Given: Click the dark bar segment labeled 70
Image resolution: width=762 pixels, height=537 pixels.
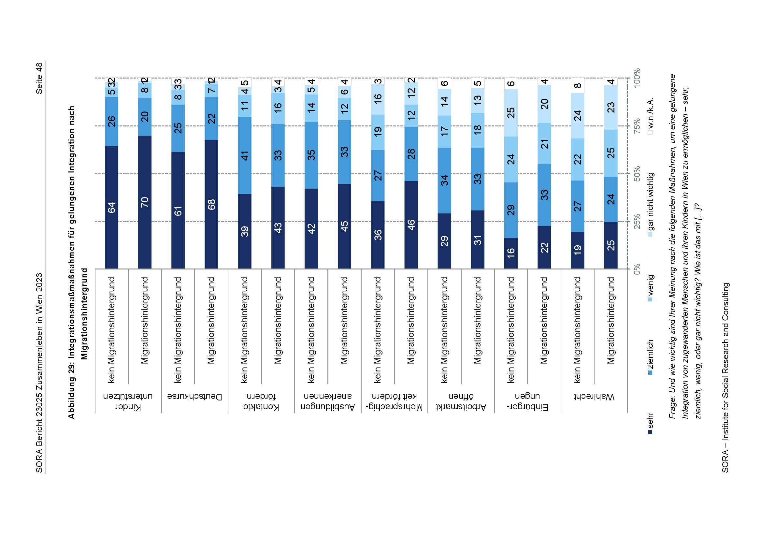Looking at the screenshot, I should [145, 202].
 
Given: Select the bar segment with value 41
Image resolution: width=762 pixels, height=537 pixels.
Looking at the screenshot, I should [245, 155].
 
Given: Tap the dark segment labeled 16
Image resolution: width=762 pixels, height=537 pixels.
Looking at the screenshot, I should [511, 253].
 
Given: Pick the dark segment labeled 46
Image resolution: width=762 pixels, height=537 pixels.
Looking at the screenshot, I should [411, 225].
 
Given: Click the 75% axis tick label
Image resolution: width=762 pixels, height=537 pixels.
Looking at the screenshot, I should [637, 126].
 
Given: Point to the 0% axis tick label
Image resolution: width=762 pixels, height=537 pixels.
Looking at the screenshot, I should [637, 269].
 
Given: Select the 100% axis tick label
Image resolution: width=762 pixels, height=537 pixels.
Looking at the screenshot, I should [637, 78].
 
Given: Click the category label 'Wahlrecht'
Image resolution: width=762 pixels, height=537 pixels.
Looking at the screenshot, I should [594, 397].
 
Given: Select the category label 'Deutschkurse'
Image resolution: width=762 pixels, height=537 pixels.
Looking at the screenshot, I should [194, 397].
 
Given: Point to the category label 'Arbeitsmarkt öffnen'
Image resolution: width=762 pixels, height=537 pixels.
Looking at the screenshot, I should [461, 401].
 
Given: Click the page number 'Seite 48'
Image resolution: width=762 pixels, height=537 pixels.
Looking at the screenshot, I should [39, 78].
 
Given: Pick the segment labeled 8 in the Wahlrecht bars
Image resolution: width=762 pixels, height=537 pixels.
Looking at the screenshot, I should [578, 86].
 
